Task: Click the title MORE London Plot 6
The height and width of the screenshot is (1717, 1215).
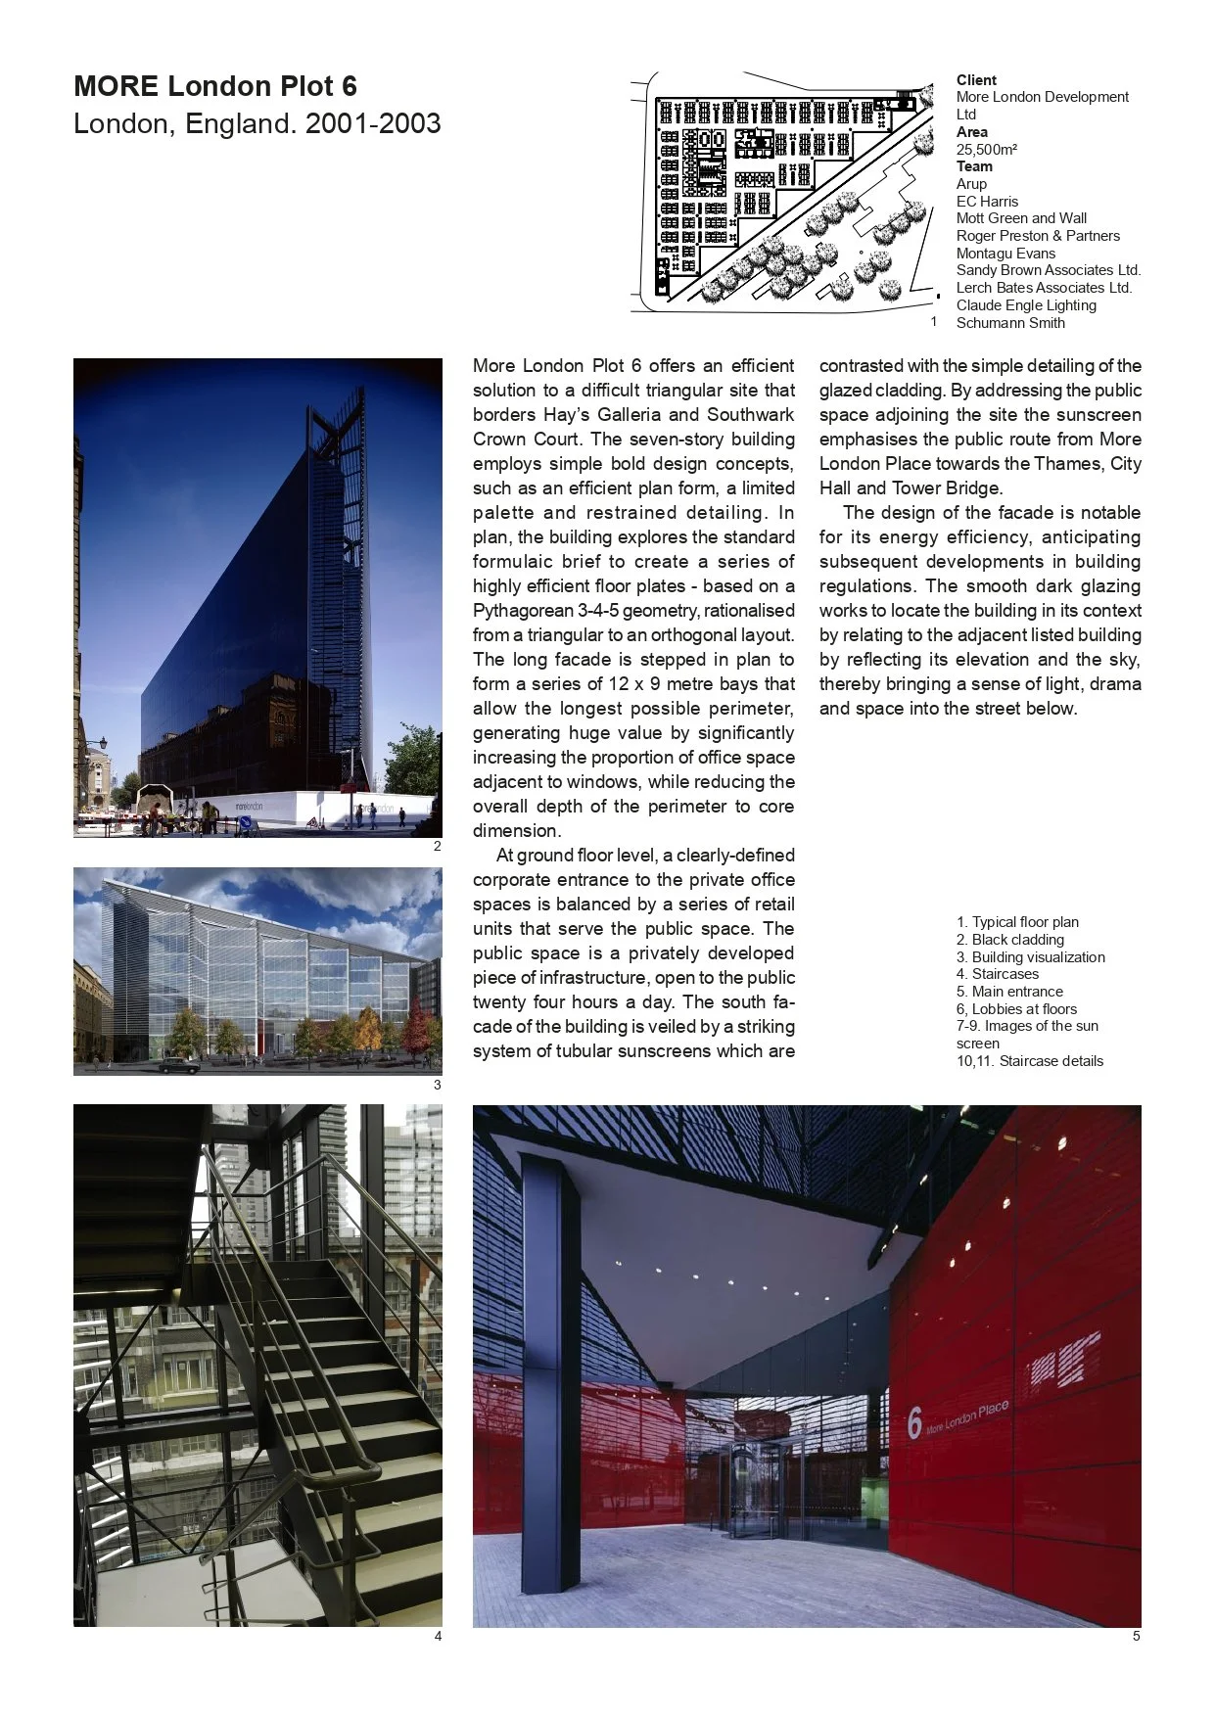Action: [x=215, y=86]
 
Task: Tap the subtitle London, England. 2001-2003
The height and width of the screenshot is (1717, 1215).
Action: [x=257, y=124]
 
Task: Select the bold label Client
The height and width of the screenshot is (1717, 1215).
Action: [x=976, y=80]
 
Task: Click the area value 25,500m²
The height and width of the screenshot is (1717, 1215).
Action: [x=986, y=150]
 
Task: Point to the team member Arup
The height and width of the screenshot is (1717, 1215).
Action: [x=971, y=184]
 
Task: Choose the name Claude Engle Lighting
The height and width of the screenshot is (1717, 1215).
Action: [x=1025, y=305]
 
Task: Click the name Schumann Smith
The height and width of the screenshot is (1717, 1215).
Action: [x=1009, y=323]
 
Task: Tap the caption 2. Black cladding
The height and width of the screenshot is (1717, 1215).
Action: [x=1009, y=940]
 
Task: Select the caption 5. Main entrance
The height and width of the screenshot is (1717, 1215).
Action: [x=1008, y=992]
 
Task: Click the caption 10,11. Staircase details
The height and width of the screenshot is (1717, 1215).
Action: [x=1029, y=1061]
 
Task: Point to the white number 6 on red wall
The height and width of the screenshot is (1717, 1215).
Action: [x=914, y=1423]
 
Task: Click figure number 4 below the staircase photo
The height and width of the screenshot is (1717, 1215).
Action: [x=438, y=1636]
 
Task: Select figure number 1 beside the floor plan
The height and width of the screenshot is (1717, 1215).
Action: [x=933, y=321]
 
